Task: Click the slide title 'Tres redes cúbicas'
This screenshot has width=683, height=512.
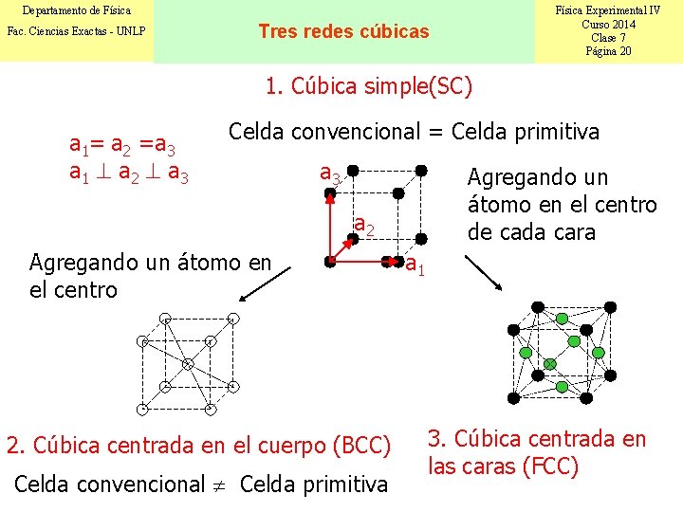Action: click(343, 31)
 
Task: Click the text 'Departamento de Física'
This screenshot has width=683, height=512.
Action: click(76, 10)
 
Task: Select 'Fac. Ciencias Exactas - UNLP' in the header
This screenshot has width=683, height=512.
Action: click(76, 31)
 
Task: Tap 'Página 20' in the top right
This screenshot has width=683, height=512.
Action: click(608, 51)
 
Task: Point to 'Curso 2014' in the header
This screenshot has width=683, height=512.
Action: click(608, 24)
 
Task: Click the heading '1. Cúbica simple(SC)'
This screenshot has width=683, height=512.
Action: click(368, 87)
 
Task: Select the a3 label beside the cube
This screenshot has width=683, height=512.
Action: click(330, 174)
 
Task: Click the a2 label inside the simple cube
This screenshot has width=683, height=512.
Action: click(364, 226)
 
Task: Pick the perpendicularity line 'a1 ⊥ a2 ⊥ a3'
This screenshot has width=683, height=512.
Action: click(128, 174)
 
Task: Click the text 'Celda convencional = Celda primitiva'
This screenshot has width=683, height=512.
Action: click(414, 132)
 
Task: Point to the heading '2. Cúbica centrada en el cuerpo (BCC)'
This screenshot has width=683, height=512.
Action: click(198, 445)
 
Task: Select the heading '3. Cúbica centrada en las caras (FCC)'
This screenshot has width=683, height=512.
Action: click(537, 452)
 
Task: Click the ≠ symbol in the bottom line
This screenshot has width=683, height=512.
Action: click(219, 485)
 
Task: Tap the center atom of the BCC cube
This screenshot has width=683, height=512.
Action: click(188, 363)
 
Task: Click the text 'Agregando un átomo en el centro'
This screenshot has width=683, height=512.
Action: click(150, 275)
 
